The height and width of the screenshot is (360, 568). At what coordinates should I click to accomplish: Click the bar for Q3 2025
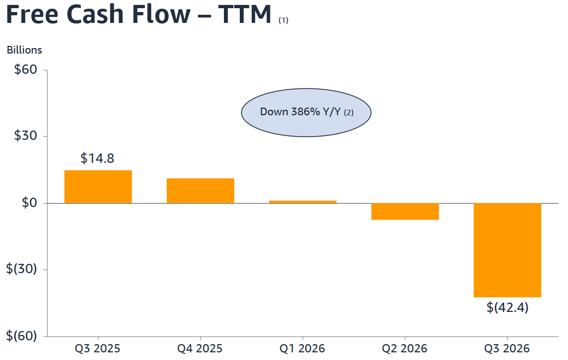(98, 186)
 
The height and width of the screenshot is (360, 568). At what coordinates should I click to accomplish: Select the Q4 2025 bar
(200, 191)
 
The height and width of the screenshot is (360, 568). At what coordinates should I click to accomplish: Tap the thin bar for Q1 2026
(303, 202)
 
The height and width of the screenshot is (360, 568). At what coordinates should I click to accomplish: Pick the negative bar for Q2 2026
(405, 211)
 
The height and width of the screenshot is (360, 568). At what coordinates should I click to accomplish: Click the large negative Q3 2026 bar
(507, 250)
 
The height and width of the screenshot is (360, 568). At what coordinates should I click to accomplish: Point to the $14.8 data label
(97, 158)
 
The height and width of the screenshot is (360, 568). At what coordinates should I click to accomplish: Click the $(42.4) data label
(507, 308)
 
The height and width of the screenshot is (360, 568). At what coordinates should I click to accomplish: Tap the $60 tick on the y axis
(25, 69)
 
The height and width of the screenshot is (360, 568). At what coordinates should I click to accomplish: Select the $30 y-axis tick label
(25, 136)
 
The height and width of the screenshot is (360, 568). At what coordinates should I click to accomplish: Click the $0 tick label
(29, 203)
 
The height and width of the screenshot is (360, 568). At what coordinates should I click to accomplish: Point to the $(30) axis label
(21, 269)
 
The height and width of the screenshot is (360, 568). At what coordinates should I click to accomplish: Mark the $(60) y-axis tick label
(21, 336)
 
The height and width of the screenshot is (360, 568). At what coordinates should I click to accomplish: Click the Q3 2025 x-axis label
(97, 349)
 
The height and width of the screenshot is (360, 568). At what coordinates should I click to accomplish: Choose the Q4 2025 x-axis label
(199, 349)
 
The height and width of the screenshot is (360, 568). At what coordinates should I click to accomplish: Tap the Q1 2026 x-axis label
(302, 349)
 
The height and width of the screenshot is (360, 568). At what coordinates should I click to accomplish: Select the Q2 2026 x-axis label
(405, 349)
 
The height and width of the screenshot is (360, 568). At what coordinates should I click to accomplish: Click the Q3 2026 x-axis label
(507, 349)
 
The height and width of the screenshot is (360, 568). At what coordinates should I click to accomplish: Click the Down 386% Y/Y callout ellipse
(306, 113)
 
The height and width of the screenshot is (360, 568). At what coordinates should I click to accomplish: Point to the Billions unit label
(24, 50)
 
